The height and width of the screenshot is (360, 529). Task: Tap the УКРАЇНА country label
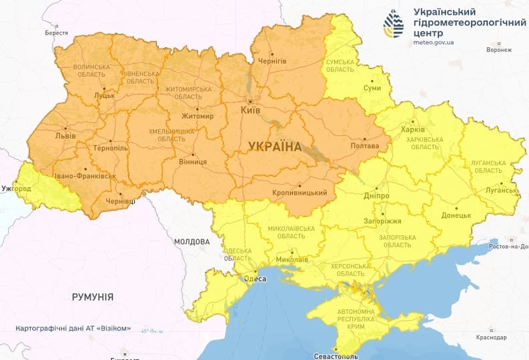click(274, 146)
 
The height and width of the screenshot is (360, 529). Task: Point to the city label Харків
click(412, 130)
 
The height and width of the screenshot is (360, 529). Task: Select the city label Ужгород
click(15, 189)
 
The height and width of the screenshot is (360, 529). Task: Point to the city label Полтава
click(365, 146)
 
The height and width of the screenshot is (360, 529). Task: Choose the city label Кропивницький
click(300, 193)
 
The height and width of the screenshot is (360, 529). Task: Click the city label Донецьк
click(456, 216)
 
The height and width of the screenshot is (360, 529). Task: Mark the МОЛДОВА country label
click(191, 241)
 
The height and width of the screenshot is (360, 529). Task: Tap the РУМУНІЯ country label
click(93, 297)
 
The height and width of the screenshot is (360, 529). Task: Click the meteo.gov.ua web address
click(433, 42)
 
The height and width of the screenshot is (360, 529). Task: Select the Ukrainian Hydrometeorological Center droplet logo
click(393, 24)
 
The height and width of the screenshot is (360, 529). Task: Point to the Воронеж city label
click(499, 50)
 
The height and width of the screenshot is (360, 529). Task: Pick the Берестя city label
click(57, 33)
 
